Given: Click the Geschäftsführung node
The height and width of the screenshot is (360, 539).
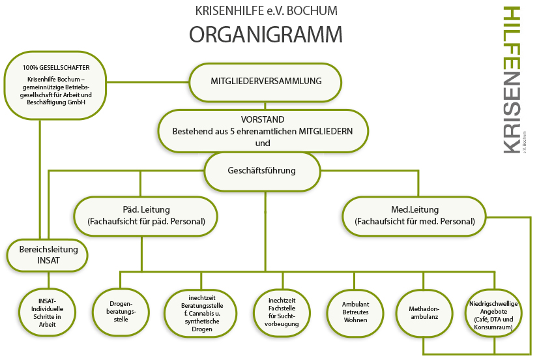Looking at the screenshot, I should pyautogui.click(x=262, y=171).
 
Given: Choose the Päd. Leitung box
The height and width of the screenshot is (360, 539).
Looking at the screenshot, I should pyautogui.click(x=146, y=216).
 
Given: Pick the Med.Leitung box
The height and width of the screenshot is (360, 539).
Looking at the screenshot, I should pyautogui.click(x=415, y=216).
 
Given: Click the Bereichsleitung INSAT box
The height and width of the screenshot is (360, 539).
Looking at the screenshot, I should pyautogui.click(x=49, y=255).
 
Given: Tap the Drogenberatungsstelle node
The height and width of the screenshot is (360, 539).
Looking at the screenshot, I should pyautogui.click(x=122, y=308).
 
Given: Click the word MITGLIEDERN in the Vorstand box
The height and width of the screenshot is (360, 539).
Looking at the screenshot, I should pyautogui.click(x=326, y=131).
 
